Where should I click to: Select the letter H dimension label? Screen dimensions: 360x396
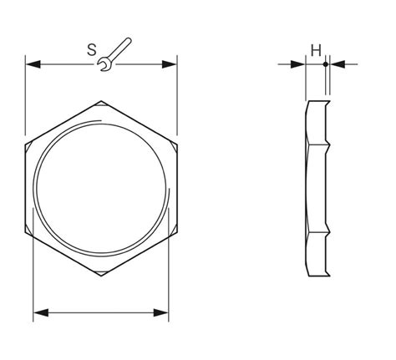coord(316,51)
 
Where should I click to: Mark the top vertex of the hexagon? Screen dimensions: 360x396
coord(102,101)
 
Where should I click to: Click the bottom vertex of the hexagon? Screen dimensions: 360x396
coord(102,277)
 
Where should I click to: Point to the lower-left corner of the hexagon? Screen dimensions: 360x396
coord(26,233)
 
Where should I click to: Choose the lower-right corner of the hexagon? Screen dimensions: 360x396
coord(177,233)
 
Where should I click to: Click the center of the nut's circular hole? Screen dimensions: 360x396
coord(102,189)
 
